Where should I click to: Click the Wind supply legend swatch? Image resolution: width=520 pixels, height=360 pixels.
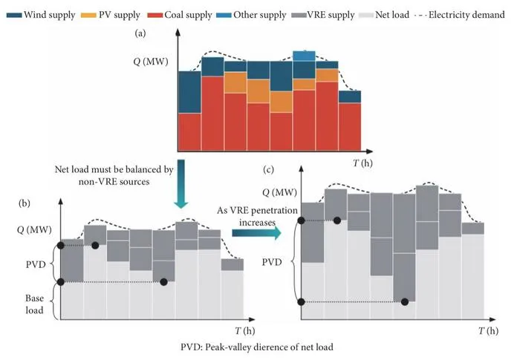14,16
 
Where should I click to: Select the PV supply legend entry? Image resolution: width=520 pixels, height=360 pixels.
111,15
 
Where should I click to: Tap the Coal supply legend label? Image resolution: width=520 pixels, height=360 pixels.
188,15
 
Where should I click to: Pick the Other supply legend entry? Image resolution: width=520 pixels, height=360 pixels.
251,15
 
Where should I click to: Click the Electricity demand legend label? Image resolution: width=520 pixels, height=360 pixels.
467,15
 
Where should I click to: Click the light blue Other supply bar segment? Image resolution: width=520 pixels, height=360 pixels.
304,56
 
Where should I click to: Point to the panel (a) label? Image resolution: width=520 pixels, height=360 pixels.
140,33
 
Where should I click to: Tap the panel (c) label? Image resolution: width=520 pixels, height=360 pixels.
268,170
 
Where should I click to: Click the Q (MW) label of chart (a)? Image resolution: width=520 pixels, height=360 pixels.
151,62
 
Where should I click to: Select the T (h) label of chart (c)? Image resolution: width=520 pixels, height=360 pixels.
489,330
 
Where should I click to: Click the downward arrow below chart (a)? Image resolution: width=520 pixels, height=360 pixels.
181,184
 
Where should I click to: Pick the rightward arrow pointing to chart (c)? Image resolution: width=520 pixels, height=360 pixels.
256,233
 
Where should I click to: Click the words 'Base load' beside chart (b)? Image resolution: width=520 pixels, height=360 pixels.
34,304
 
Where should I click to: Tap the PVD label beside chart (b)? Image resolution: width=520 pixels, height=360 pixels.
36,264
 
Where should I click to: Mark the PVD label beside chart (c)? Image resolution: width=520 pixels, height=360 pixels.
272,262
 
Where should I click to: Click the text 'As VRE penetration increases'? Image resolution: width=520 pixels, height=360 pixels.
257,216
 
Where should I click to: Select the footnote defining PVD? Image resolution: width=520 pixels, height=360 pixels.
257,347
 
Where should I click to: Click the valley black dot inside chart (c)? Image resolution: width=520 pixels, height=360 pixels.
405,301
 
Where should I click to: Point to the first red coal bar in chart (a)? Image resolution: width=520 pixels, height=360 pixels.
189,132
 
